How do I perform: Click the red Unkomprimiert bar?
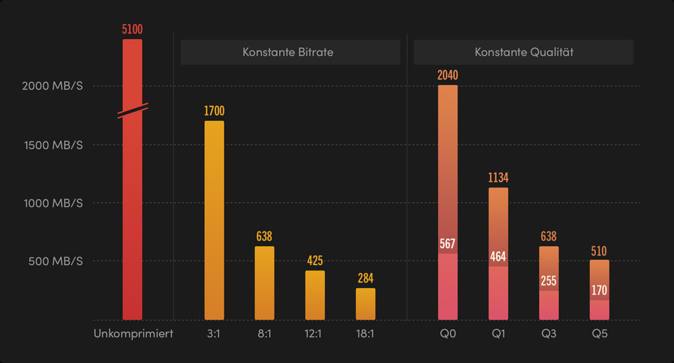click(132, 216)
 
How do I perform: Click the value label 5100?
click(132, 30)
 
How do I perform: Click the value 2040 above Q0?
click(448, 75)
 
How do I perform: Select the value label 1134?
click(498, 178)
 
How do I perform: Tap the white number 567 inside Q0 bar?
click(448, 244)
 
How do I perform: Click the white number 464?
click(498, 256)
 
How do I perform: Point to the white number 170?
click(599, 291)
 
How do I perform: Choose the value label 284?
click(365, 278)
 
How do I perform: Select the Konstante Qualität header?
click(524, 52)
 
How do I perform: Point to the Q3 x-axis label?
click(549, 333)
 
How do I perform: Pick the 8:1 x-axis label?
click(264, 333)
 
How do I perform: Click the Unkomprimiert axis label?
click(133, 333)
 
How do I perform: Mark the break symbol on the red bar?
click(133, 111)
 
